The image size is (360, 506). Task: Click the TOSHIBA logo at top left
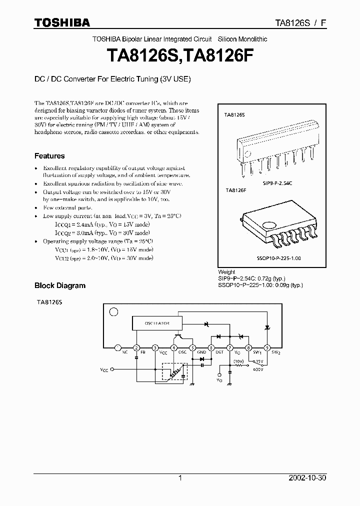[62, 22]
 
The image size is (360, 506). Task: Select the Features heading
[49, 155]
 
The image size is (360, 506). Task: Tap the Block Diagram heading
[59, 285]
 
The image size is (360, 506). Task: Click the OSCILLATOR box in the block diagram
[157, 323]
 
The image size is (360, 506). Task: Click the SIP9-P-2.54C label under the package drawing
[277, 183]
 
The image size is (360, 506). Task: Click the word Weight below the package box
[227, 273]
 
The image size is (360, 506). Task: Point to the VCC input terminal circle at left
[113, 370]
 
